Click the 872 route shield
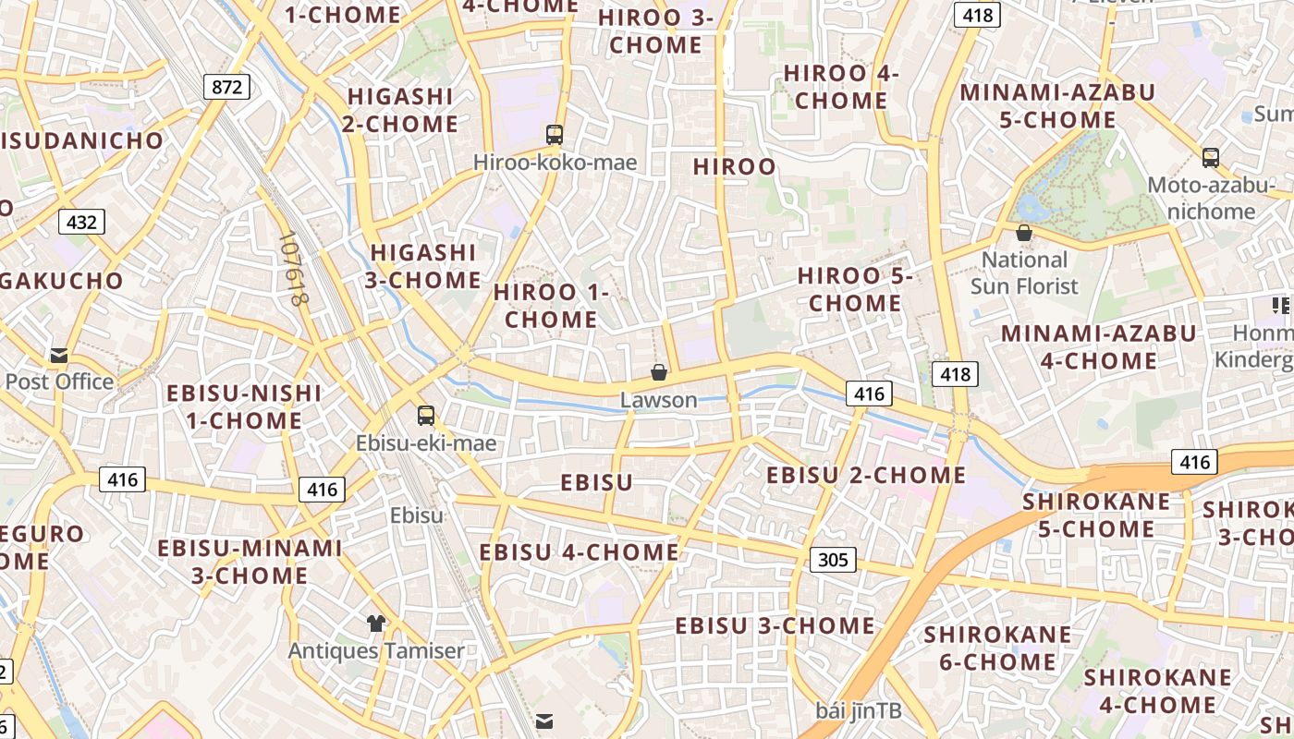(226, 87)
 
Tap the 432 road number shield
(81, 222)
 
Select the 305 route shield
(833, 559)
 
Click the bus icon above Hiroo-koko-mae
(555, 135)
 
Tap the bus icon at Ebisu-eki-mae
(425, 416)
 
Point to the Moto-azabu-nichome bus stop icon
(1211, 157)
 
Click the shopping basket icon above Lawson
(659, 372)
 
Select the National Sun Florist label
(1024, 273)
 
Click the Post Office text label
(59, 382)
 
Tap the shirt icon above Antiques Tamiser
(375, 624)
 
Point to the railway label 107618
(294, 268)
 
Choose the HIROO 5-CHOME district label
(855, 289)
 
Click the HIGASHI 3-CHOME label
(423, 266)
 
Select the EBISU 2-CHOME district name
(866, 475)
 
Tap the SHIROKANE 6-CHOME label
(997, 648)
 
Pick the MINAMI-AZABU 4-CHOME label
(1098, 346)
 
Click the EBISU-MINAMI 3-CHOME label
(250, 562)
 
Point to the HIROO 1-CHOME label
(551, 306)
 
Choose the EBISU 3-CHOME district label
(775, 625)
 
